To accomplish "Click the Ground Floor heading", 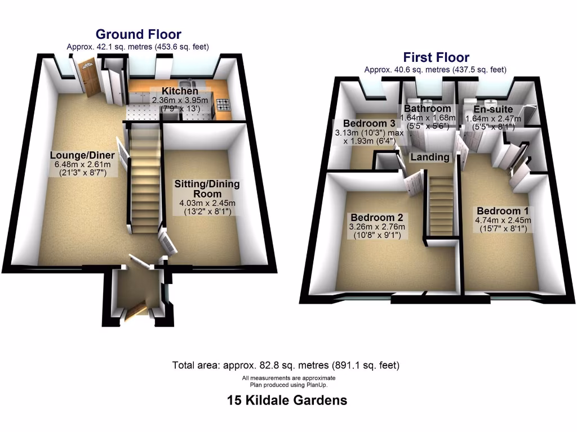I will [x=138, y=34].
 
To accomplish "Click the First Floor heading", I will [x=436, y=57].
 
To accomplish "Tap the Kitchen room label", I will [x=180, y=91].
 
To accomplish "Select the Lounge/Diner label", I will [x=82, y=155].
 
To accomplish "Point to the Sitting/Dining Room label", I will [x=207, y=189].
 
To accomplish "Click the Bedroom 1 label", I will [x=498, y=211].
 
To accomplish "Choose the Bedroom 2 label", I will [x=376, y=217].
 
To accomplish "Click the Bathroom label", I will [x=427, y=109].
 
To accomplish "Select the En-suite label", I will [x=493, y=109].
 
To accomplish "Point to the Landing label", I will [x=430, y=157].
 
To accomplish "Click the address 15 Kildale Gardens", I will [x=287, y=400].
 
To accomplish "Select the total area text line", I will [x=286, y=365].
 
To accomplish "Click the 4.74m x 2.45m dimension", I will [x=498, y=220].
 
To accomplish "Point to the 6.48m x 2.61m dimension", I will [x=82, y=164].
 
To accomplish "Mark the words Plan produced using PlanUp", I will [x=288, y=385].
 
